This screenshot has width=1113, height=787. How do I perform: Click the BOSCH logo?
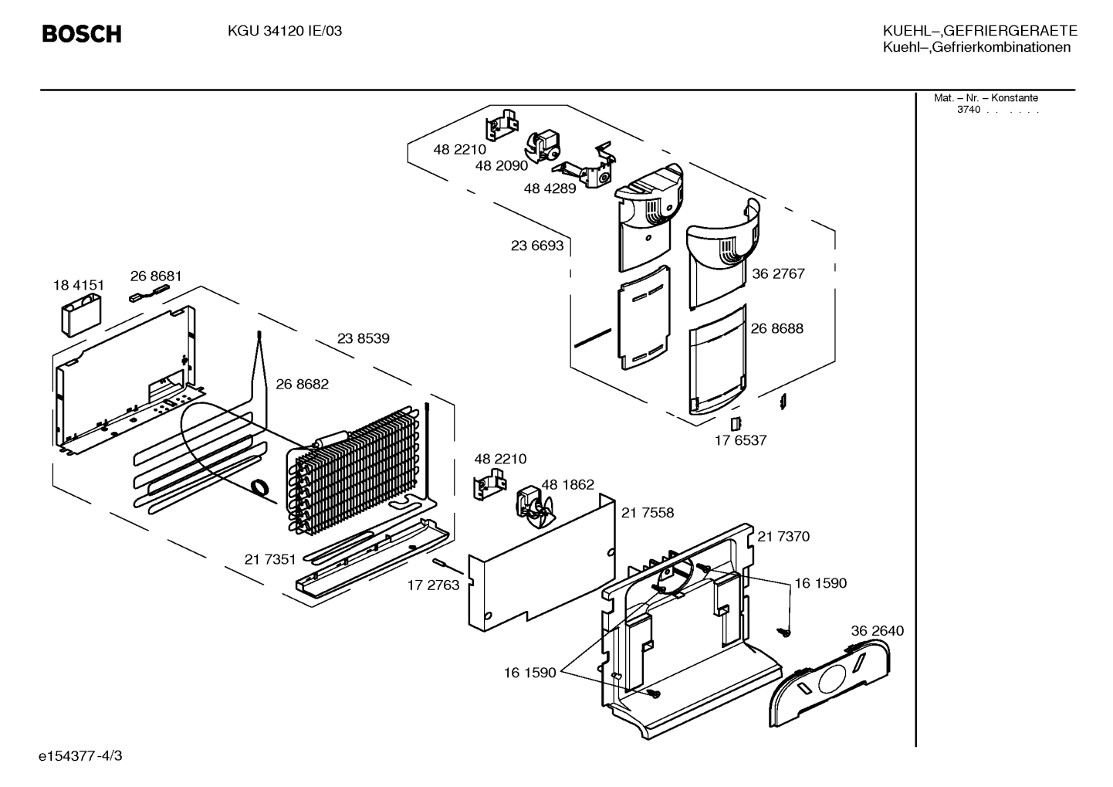[82, 34]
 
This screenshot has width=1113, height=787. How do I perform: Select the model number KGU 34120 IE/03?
[285, 31]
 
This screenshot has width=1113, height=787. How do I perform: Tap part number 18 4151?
[79, 285]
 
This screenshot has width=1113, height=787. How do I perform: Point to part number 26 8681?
[156, 276]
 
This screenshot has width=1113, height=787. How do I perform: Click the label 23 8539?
[364, 338]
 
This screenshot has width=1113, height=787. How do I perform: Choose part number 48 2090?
[502, 165]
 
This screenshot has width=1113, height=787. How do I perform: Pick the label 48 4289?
[550, 188]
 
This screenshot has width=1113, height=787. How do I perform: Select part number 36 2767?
[778, 273]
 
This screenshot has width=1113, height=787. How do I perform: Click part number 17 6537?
[740, 440]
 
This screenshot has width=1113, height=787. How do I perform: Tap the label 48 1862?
[567, 484]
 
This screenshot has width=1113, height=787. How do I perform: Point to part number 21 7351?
[270, 559]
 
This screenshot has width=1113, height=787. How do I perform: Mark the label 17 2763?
[433, 585]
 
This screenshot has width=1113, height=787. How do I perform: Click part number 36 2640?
[878, 630]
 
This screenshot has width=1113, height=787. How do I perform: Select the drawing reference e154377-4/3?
[80, 755]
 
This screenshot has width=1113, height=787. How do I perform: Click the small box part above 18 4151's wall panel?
[81, 314]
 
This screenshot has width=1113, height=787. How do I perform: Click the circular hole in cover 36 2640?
[831, 679]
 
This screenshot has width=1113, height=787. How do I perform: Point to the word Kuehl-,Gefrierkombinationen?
[976, 48]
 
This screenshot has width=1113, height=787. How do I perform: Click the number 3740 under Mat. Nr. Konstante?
[969, 110]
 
